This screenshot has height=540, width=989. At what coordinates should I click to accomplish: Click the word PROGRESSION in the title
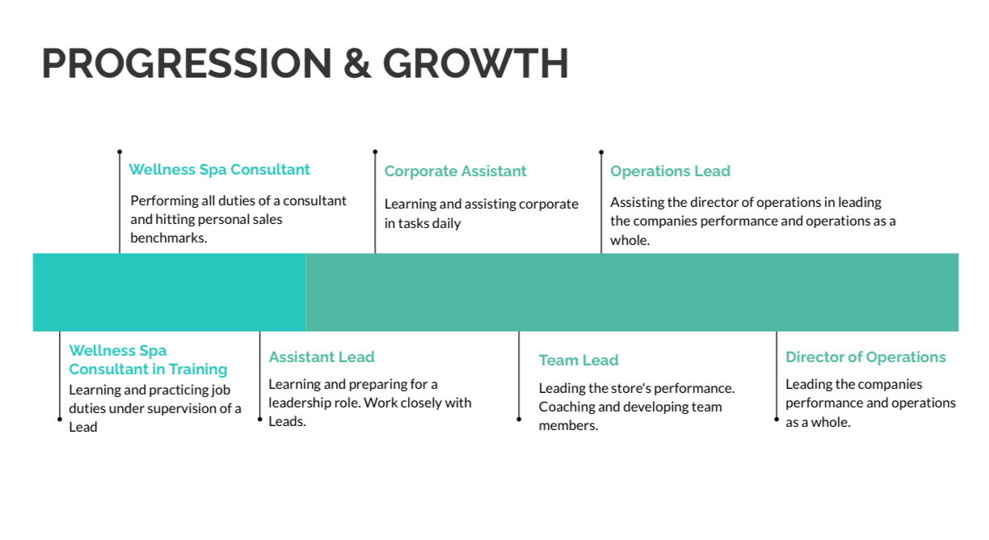pos(187,64)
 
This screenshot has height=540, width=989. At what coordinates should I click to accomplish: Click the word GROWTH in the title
pos(476,64)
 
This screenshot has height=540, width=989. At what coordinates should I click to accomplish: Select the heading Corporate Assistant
pos(455,171)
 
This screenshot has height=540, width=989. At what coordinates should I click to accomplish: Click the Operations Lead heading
pos(670,171)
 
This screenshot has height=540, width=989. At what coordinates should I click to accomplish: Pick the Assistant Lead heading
pos(322,357)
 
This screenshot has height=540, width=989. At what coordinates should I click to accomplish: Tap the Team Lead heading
pos(579,361)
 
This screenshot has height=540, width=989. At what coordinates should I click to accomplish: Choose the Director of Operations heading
pos(865,357)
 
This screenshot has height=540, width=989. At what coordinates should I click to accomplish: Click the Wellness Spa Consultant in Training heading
pos(148,360)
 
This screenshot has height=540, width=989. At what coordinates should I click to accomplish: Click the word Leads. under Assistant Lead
pos(287,421)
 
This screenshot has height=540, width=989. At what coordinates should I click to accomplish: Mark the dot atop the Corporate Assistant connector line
pos(375,151)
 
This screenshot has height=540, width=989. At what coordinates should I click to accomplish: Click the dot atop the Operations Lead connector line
pos(601,151)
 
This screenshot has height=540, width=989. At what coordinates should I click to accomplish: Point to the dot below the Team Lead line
pos(519,419)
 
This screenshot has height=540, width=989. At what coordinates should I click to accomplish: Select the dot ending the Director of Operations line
pos(776,419)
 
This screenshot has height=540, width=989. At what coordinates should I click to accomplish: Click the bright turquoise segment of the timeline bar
pos(169,292)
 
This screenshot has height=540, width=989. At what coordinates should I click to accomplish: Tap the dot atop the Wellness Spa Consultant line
pos(120,151)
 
